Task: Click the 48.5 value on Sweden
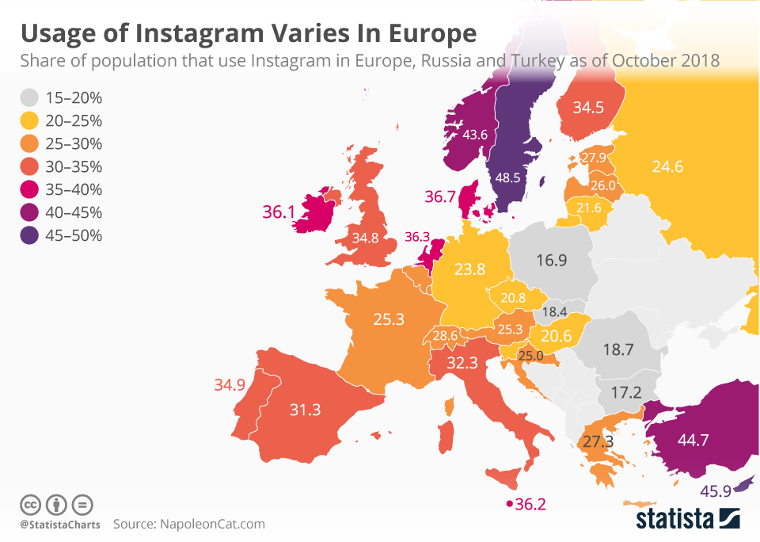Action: (x=507, y=177)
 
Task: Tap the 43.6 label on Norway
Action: (x=474, y=135)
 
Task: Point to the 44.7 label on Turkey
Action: (x=693, y=440)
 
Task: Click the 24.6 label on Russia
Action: (x=667, y=166)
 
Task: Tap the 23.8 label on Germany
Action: (x=470, y=269)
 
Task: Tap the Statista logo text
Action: (x=675, y=519)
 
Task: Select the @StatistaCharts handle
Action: (x=60, y=525)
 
